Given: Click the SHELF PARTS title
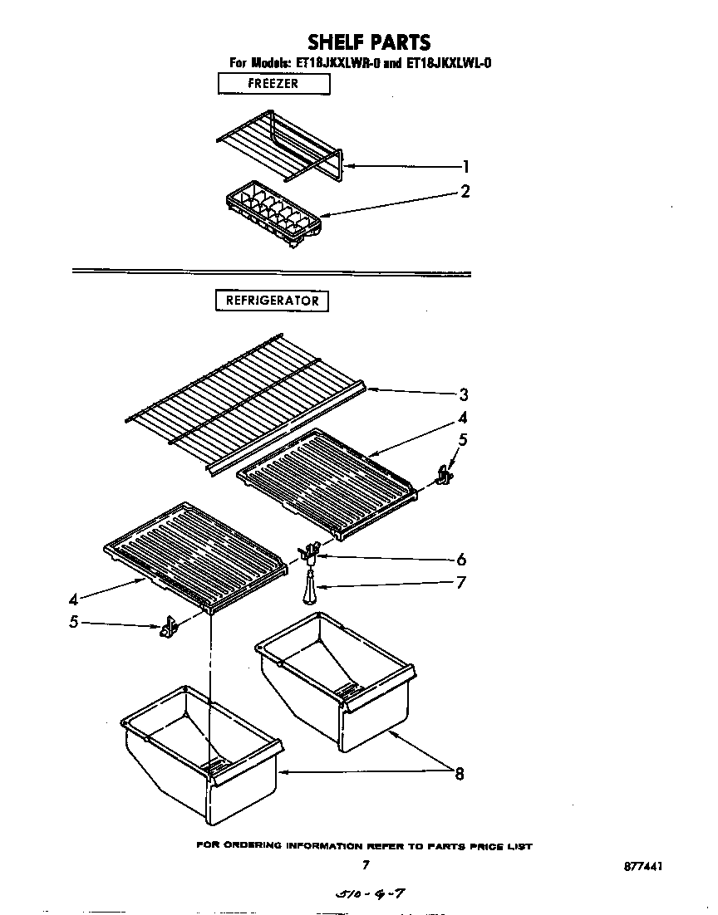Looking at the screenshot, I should point(369,42).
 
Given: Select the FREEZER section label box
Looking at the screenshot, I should point(273,84).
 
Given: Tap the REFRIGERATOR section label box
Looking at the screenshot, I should point(273,301).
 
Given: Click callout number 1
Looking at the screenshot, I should point(466,166).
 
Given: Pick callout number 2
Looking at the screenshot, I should point(465,192).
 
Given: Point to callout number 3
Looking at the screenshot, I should point(464,394).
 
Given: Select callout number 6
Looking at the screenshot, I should point(461,560).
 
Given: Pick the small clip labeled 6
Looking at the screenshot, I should point(311,551).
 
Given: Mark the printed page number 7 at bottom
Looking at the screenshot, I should point(365,865).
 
